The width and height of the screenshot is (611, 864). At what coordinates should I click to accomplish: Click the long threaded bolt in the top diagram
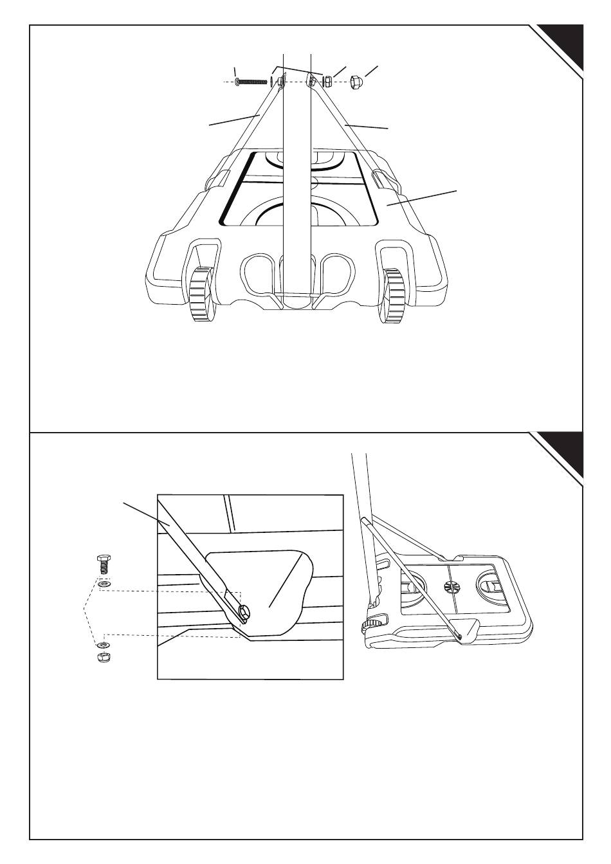pyautogui.click(x=252, y=82)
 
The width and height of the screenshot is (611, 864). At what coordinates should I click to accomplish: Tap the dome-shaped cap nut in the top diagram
pyautogui.click(x=356, y=82)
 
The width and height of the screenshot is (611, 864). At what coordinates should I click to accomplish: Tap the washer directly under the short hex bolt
pyautogui.click(x=103, y=584)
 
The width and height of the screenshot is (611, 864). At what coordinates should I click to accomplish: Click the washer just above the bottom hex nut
pyautogui.click(x=103, y=644)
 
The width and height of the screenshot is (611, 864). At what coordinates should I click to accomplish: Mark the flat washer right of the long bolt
pyautogui.click(x=271, y=82)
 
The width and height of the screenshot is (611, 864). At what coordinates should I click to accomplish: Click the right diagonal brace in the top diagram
pyautogui.click(x=344, y=129)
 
